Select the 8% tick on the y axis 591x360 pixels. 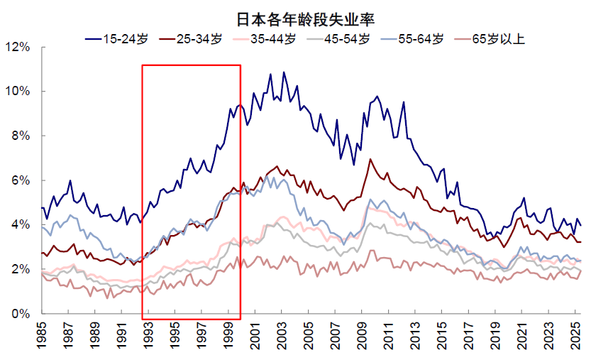coord(19,136)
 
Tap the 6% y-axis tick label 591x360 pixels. coord(19,181)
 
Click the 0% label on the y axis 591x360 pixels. coord(19,314)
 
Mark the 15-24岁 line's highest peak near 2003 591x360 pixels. coord(284,72)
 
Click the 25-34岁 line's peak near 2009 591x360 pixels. coord(370,159)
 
